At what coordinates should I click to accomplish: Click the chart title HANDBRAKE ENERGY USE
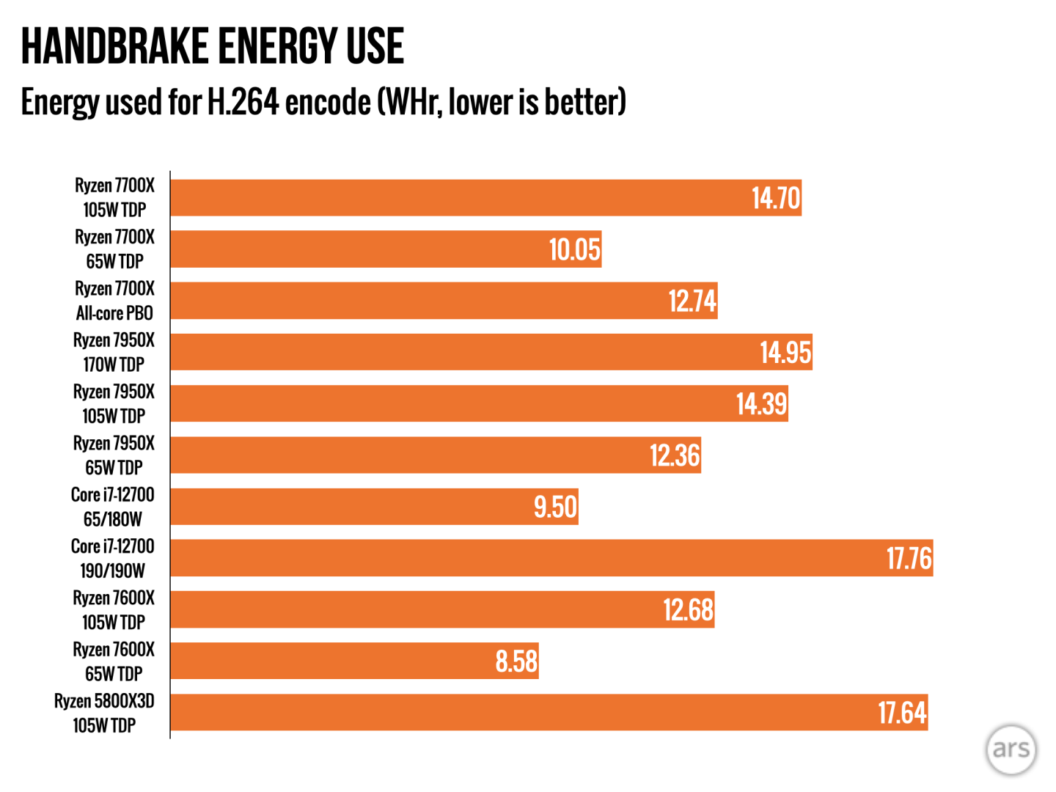click(x=212, y=46)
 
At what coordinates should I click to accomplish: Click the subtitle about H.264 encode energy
click(x=323, y=102)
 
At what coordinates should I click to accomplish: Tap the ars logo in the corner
click(x=1011, y=749)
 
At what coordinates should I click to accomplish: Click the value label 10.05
click(x=575, y=250)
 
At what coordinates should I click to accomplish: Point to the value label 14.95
click(x=785, y=353)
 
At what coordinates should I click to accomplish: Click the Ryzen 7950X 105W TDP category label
click(x=114, y=403)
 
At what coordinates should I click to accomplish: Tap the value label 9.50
click(x=555, y=507)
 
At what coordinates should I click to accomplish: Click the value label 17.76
click(x=909, y=559)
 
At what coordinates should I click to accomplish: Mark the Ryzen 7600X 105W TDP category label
click(x=114, y=609)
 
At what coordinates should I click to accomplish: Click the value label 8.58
click(x=516, y=661)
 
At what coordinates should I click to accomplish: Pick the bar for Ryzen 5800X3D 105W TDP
click(x=513, y=712)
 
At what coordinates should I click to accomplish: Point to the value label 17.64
click(x=902, y=713)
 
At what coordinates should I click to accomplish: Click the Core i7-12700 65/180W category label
click(x=113, y=507)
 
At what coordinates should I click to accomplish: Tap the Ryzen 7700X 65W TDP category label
click(x=114, y=249)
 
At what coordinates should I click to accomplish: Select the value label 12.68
click(x=688, y=610)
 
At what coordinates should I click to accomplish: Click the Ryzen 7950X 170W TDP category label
click(x=114, y=352)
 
